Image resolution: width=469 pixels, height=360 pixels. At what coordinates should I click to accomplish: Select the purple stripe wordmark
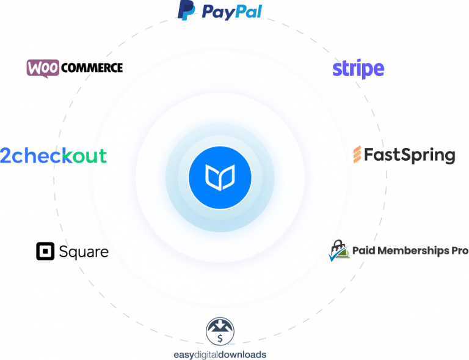(358, 69)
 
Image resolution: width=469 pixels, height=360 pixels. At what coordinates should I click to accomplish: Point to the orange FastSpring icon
(358, 155)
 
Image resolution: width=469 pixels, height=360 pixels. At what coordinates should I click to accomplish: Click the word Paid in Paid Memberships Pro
(364, 251)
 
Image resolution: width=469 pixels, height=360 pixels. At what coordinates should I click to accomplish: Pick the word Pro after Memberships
(460, 251)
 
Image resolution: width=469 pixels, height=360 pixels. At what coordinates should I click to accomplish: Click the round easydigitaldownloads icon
(220, 332)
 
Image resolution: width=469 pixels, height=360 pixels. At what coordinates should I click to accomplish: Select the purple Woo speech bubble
(43, 68)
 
